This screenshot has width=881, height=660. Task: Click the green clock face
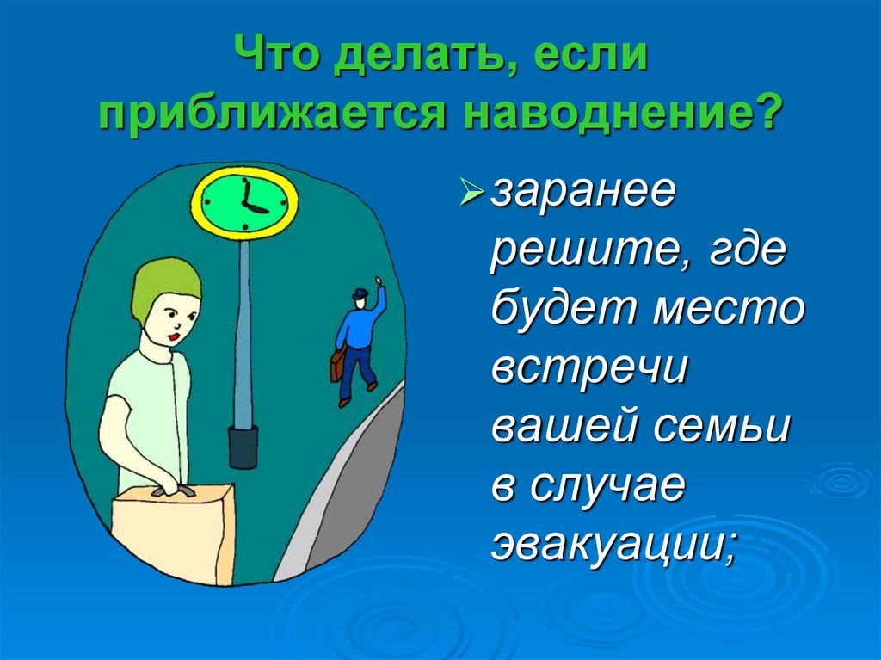(x=243, y=202)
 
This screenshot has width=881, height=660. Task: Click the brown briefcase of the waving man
(x=336, y=365)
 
